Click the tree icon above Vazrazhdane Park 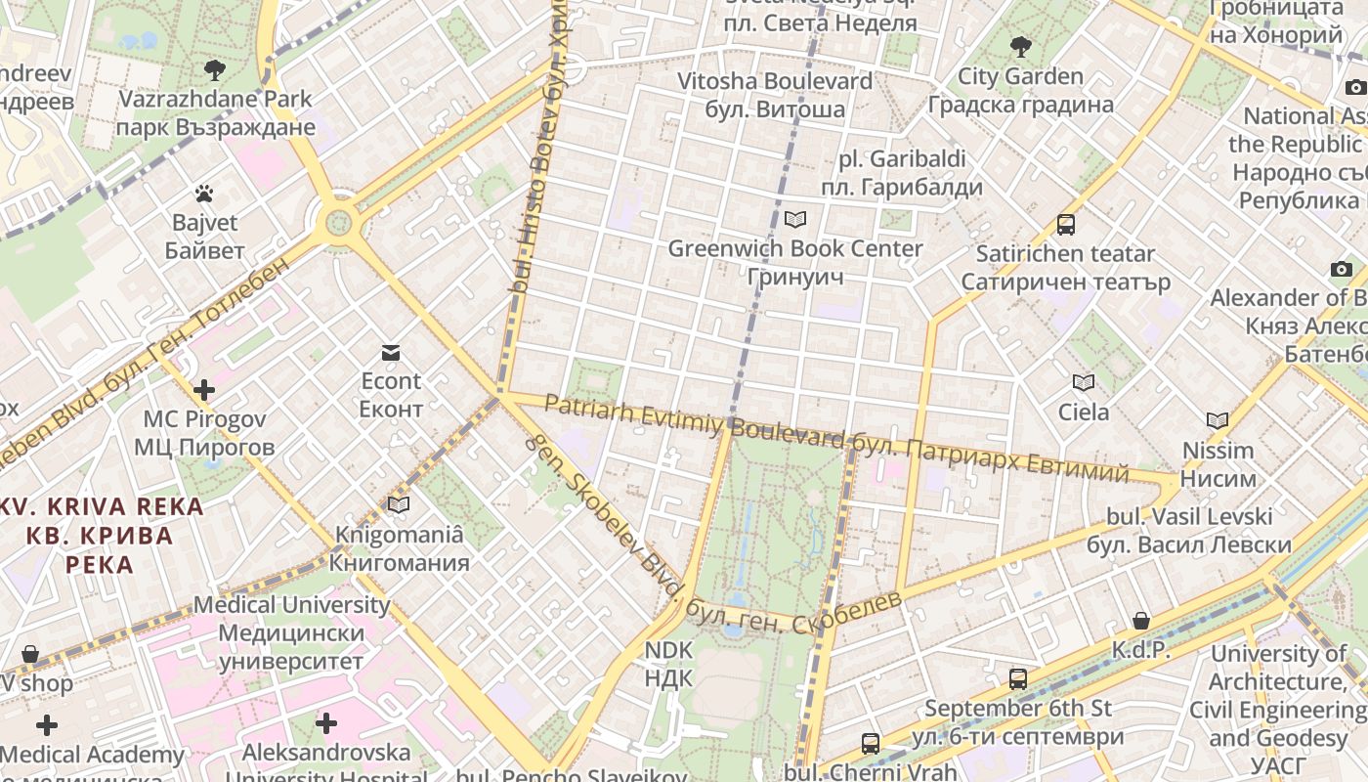pyautogui.click(x=215, y=69)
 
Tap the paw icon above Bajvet pyautogui.click(x=203, y=194)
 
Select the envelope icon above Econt pyautogui.click(x=391, y=352)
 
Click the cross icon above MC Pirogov pyautogui.click(x=203, y=390)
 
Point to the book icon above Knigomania pyautogui.click(x=399, y=504)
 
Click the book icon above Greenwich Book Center pyautogui.click(x=795, y=219)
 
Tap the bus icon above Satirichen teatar pyautogui.click(x=1065, y=224)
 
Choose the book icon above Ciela pyautogui.click(x=1083, y=382)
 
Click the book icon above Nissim pyautogui.click(x=1217, y=420)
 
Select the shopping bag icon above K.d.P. pyautogui.click(x=1140, y=621)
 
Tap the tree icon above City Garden pyautogui.click(x=1020, y=46)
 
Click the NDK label pyautogui.click(x=668, y=665)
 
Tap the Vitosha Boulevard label pyautogui.click(x=775, y=95)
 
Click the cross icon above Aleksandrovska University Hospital pyautogui.click(x=326, y=723)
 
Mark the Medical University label pyautogui.click(x=291, y=632)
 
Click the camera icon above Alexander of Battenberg pyautogui.click(x=1341, y=269)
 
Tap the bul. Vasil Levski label pyautogui.click(x=1189, y=531)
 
